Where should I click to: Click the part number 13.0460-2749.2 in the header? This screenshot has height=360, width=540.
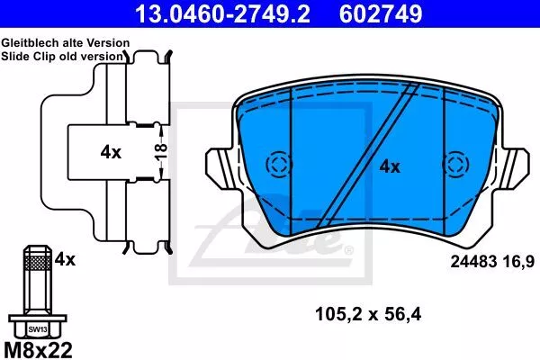tap(222, 14)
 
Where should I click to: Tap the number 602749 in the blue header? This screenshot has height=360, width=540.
tap(381, 14)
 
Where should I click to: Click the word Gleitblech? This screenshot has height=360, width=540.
tap(31, 43)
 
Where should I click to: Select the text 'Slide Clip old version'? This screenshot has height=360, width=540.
tap(62, 56)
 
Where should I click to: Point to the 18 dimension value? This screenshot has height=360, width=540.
tap(161, 152)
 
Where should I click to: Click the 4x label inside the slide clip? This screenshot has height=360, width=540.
tap(111, 152)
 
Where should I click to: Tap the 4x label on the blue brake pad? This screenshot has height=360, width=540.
tap(390, 167)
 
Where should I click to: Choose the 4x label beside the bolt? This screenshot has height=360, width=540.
tap(65, 259)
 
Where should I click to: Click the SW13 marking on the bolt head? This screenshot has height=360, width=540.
tap(38, 329)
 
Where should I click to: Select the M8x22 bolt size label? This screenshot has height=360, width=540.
tap(38, 350)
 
